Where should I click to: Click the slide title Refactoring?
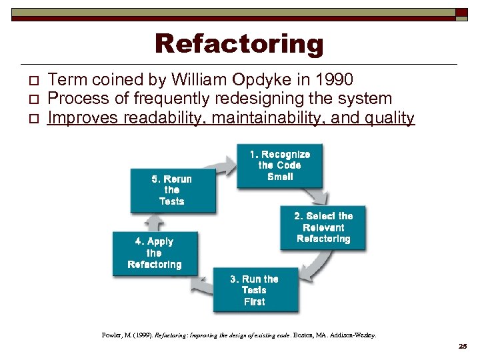pos(239,44)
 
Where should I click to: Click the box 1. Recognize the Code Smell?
pos(280,165)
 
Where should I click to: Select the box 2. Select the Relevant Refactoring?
pos(323,227)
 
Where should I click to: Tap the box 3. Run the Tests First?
pos(255,290)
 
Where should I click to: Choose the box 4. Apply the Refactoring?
pos(154,253)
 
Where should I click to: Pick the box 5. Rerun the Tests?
pos(172,190)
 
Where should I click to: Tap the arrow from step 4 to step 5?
pos(155,222)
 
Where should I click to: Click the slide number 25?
pos(463,347)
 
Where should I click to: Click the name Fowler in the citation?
pos(111,335)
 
